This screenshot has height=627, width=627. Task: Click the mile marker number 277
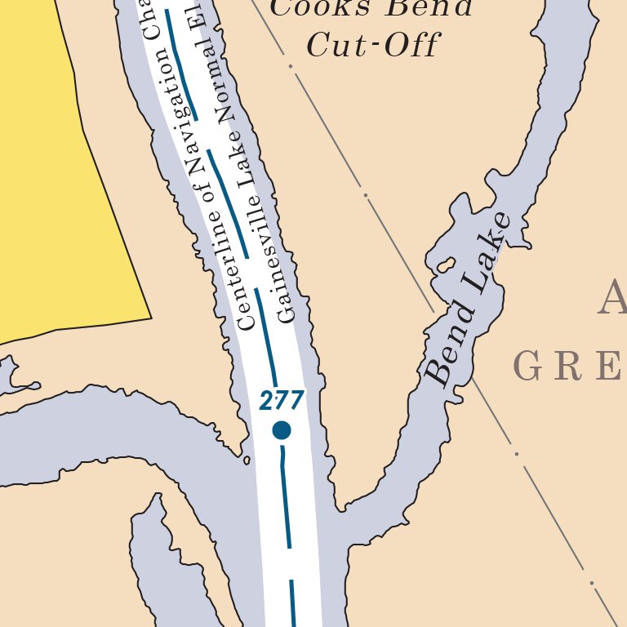tap(282, 401)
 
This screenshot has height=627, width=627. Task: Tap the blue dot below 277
tap(282, 429)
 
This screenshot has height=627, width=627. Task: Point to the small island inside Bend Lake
tap(446, 265)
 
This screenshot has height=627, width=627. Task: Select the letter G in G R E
tap(527, 367)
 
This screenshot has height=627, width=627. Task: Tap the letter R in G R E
tap(571, 367)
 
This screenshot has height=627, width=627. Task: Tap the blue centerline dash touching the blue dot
tap(285, 498)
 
